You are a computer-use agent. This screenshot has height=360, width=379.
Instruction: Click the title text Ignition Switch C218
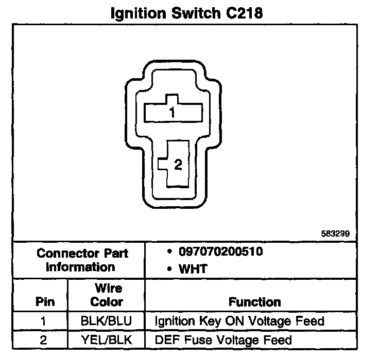[187, 13]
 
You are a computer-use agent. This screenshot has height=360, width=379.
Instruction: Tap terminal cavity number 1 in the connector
[173, 112]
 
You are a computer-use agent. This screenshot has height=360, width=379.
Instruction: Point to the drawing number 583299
[335, 233]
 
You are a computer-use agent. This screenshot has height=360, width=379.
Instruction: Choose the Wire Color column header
[107, 295]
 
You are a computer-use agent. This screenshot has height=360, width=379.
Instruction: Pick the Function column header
[254, 301]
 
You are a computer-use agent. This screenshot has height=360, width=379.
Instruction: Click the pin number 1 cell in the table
[44, 321]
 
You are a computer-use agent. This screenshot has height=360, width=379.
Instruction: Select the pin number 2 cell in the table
[44, 339]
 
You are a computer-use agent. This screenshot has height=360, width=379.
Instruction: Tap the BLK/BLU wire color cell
[107, 321]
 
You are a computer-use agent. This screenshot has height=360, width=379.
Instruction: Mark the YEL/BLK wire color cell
[107, 339]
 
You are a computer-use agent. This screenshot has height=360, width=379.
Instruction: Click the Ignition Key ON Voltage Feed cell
[239, 321]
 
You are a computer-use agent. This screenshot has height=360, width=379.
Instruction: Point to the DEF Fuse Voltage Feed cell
[223, 339]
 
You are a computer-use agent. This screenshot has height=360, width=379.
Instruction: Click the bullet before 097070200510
[170, 253]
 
